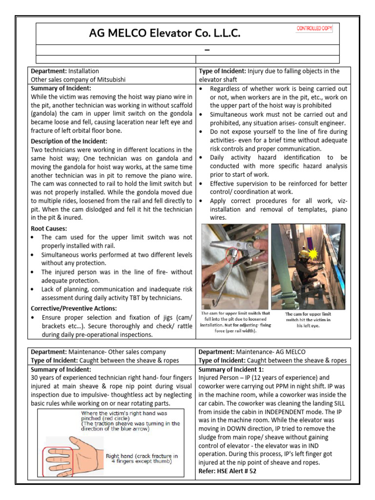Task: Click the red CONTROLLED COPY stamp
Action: (314, 29)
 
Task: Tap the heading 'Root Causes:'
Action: (49, 228)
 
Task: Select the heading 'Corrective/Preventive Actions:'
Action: (74, 308)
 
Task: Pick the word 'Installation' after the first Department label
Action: (83, 71)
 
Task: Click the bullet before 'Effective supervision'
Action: (203, 184)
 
